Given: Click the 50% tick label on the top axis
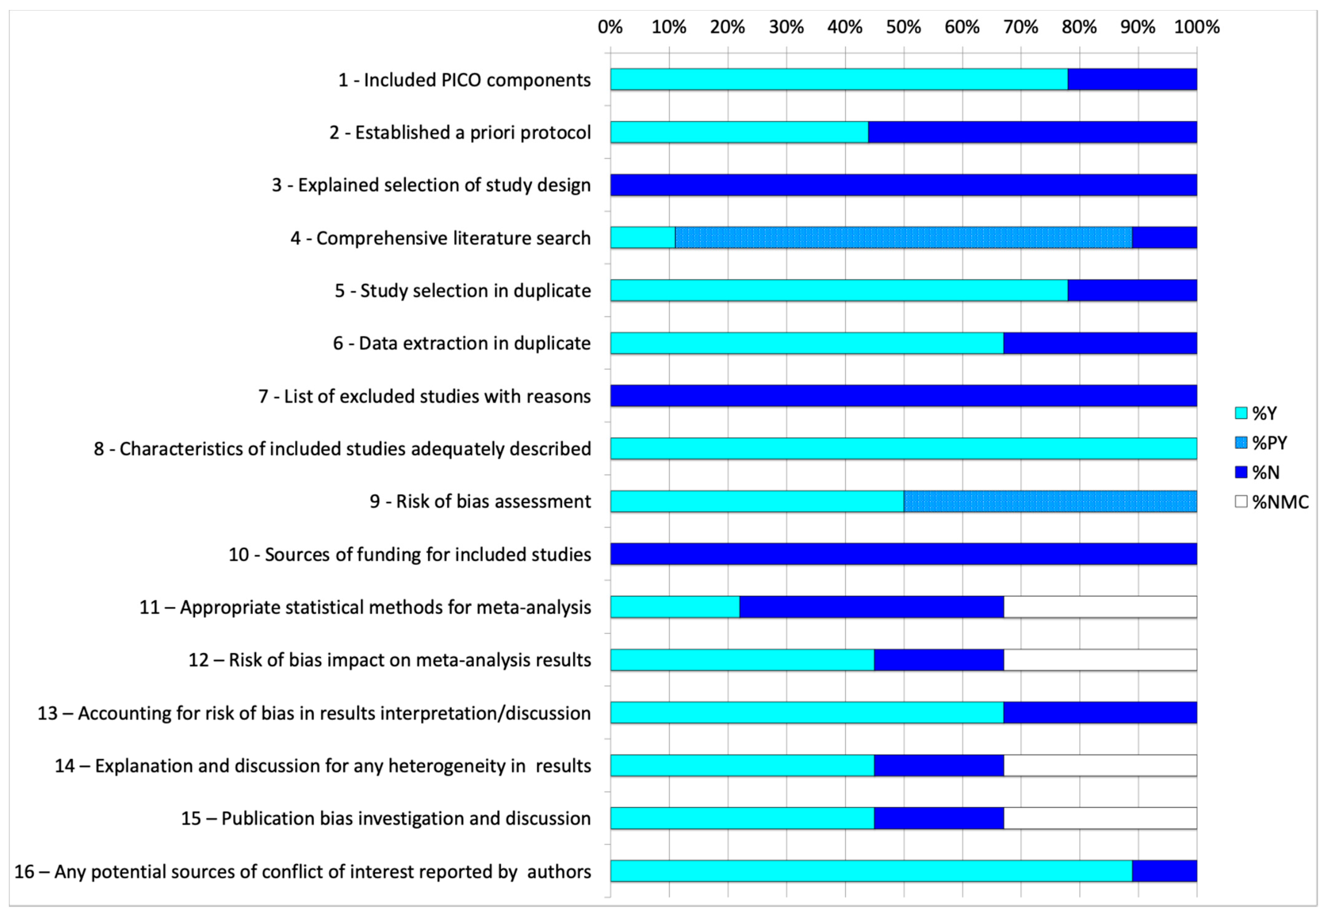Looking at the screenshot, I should (x=903, y=27).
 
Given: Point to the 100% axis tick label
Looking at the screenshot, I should (x=1197, y=27).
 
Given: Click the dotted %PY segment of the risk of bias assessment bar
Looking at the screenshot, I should (x=1050, y=501).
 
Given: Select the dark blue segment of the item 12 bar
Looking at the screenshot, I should (x=939, y=660).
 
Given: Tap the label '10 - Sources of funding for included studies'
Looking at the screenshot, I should (x=410, y=554).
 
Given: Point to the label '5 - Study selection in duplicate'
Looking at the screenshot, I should (x=463, y=290).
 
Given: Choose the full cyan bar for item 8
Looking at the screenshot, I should (x=903, y=448).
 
